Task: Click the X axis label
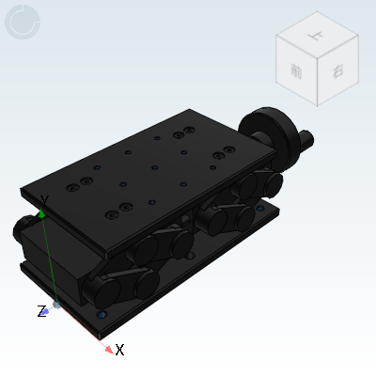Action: (x=120, y=350)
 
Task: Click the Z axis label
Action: (x=40, y=311)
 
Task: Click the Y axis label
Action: (x=44, y=200)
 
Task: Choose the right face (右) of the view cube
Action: (x=337, y=71)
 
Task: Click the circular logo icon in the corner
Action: (x=23, y=22)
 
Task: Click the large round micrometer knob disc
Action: (x=258, y=133)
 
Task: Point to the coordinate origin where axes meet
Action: (x=57, y=303)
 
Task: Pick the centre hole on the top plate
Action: (x=154, y=168)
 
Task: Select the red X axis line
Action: (x=85, y=327)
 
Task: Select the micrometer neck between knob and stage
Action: (x=280, y=144)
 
